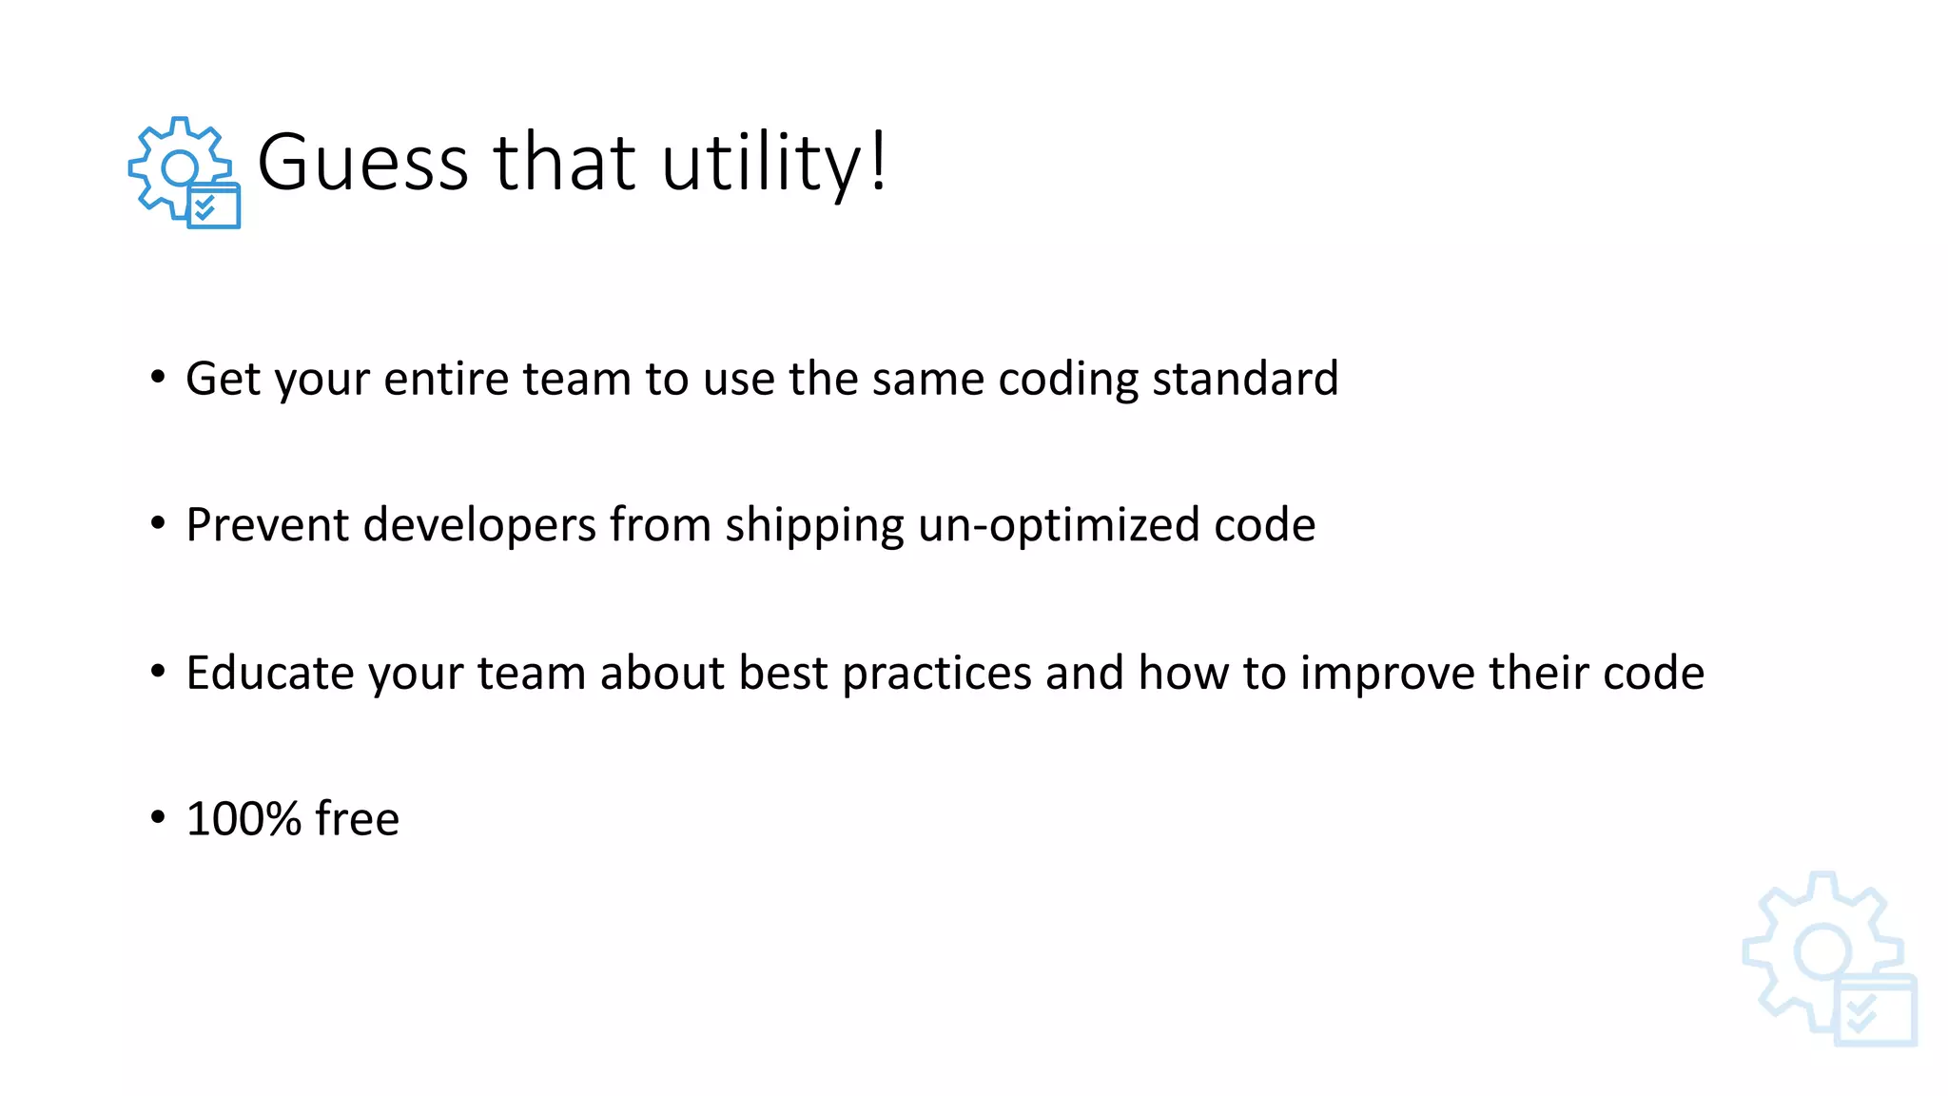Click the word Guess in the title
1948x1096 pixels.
[362, 163]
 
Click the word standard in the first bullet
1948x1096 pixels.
[1245, 379]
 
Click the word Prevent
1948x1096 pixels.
[267, 524]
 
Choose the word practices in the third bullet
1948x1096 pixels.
[937, 674]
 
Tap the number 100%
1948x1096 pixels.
[243, 818]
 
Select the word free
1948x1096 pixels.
[357, 818]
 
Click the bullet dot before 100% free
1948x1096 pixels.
[158, 816]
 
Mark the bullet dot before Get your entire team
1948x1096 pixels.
[158, 377]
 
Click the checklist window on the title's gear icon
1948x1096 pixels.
[214, 205]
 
